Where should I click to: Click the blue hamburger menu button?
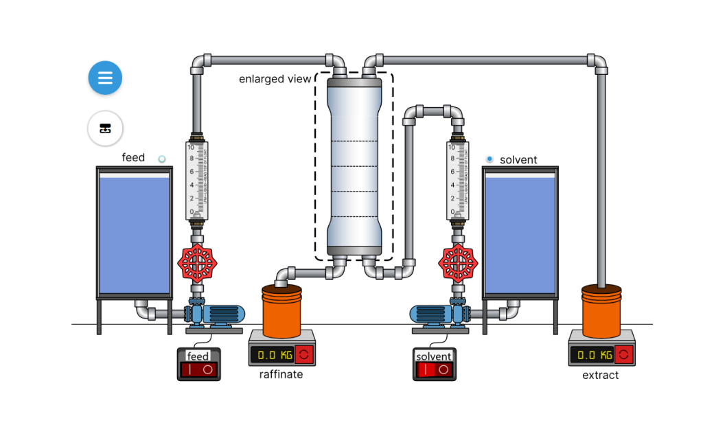[x=105, y=78]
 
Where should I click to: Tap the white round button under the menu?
[x=105, y=128]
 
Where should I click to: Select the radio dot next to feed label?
[x=162, y=159]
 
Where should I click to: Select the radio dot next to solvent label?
[x=489, y=159]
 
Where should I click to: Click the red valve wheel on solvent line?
[x=457, y=262]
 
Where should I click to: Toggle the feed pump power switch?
[x=198, y=369]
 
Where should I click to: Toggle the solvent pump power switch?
[x=434, y=369]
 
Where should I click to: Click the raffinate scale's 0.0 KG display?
[x=272, y=355]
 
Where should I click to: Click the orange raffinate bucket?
[x=281, y=312]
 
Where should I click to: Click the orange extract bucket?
[x=601, y=312]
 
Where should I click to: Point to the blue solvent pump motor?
[x=431, y=314]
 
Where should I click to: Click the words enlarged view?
[x=275, y=79]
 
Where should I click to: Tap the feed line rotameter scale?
[x=197, y=179]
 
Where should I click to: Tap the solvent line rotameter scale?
[x=457, y=179]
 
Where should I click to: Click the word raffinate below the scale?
[x=281, y=375]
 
